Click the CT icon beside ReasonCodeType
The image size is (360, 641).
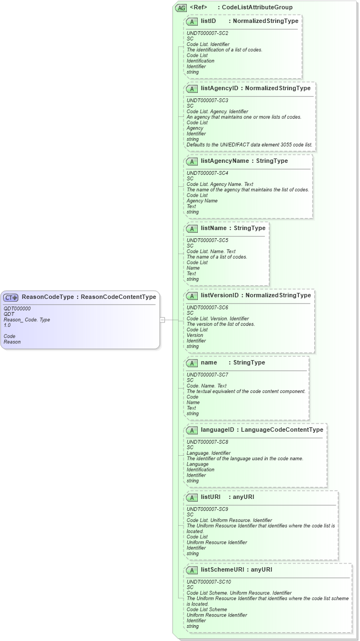(x=11, y=297)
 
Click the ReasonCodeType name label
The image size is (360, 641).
(x=48, y=297)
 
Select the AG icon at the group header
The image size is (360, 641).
(x=181, y=8)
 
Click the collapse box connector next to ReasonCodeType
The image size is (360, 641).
(x=162, y=320)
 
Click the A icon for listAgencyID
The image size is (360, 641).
(x=192, y=89)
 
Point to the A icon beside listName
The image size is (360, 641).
(x=192, y=228)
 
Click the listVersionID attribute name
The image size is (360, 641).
(x=220, y=296)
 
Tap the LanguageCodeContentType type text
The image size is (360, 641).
(x=282, y=430)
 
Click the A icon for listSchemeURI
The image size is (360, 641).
(x=192, y=570)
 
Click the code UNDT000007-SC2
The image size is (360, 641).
(x=207, y=33)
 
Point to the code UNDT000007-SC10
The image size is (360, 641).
(x=209, y=582)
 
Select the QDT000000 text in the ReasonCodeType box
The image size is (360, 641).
(x=17, y=309)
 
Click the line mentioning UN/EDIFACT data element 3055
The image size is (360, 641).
(x=250, y=145)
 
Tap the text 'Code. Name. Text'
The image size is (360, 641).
(x=206, y=386)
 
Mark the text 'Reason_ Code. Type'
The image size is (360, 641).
(x=27, y=320)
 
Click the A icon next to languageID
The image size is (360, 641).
(x=192, y=430)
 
